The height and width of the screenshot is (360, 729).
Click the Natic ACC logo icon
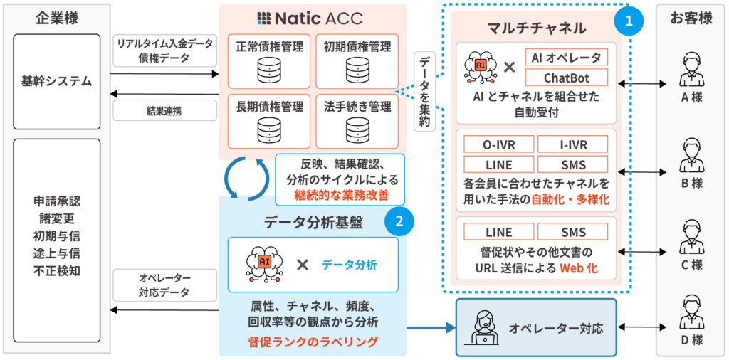tap(264, 18)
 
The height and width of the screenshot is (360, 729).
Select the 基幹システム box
tap(57, 81)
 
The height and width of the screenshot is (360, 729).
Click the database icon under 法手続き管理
tap(357, 130)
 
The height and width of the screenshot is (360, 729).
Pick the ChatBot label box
tap(566, 77)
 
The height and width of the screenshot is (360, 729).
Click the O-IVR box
tap(498, 144)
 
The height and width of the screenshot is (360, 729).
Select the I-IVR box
tap(573, 144)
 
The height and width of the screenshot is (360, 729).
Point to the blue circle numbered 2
tap(399, 221)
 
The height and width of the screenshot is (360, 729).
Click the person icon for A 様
tap(691, 69)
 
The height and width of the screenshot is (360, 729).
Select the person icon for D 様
tap(691, 311)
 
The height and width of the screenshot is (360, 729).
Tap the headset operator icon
tap(484, 328)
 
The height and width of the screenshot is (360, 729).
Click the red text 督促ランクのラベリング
tap(313, 342)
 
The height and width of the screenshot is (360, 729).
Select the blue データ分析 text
tap(349, 265)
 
